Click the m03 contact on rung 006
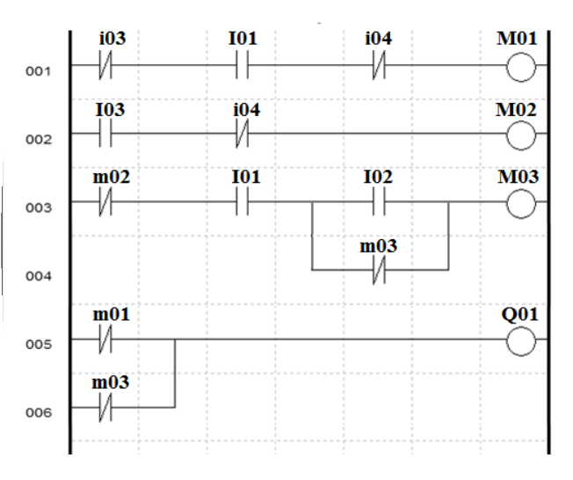pos(107,407)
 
